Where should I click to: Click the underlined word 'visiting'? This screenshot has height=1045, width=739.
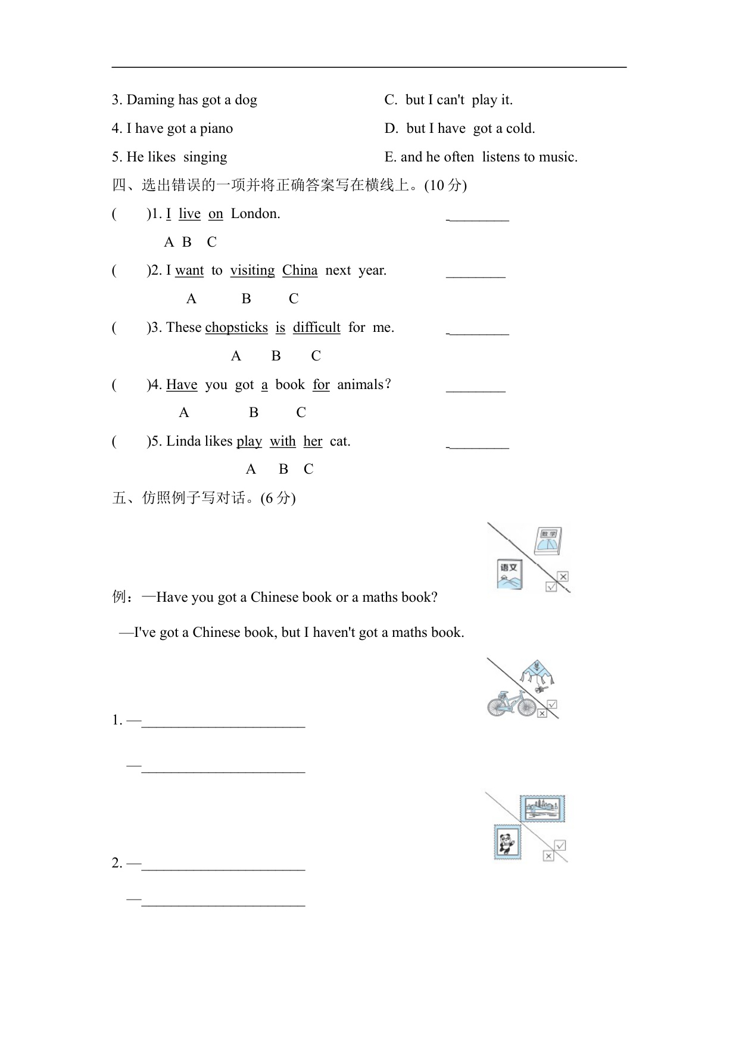point(252,270)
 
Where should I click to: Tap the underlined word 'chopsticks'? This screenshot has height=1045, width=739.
point(236,328)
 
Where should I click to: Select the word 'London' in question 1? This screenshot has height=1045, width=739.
point(254,214)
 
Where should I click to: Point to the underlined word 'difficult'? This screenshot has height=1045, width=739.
point(317,328)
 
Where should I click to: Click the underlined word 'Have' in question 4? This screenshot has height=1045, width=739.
point(182,385)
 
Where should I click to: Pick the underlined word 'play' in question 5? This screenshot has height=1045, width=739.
point(249,441)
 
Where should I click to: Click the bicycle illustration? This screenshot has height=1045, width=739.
point(512,704)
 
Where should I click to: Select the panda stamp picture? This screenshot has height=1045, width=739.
point(507,842)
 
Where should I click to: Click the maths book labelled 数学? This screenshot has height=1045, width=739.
point(548,541)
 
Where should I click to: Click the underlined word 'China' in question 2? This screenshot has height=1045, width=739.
point(300,270)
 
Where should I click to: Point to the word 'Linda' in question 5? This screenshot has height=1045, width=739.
point(183,441)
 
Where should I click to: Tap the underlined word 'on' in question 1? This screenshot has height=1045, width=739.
point(216,214)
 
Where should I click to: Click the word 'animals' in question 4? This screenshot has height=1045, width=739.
point(360,385)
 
